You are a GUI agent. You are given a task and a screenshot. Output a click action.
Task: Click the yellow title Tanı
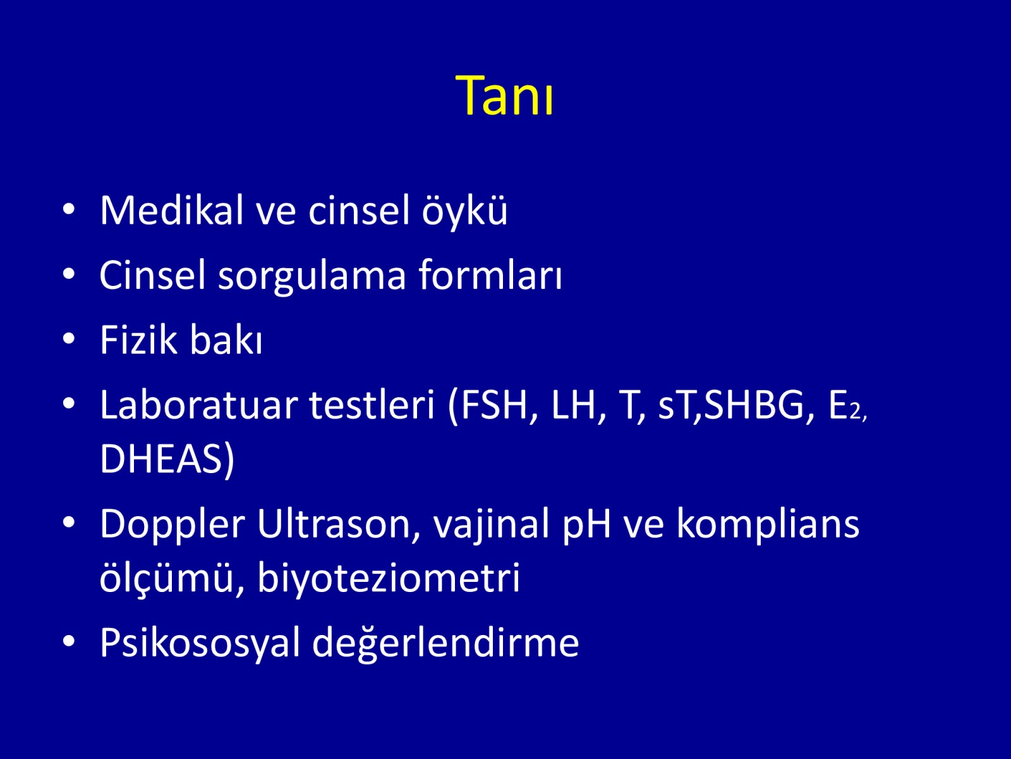[x=504, y=96]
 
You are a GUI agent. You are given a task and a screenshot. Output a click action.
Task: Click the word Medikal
[x=171, y=210]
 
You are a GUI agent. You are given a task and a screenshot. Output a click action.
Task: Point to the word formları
[x=490, y=275]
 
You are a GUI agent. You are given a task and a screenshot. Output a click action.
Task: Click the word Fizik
[x=138, y=340]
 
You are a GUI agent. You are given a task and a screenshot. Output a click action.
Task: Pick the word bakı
[x=226, y=339]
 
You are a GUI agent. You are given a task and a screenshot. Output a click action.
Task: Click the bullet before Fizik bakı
[x=69, y=339]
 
